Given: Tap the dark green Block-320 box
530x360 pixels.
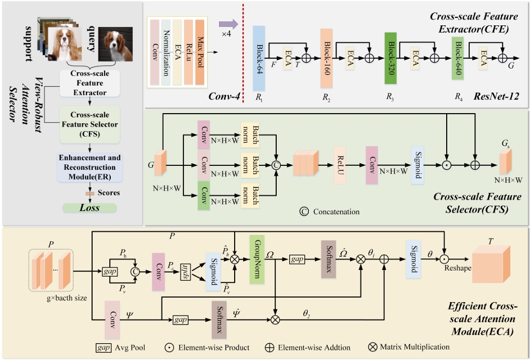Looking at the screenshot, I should (390, 58).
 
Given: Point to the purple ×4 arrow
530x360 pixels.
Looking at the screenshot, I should (227, 24).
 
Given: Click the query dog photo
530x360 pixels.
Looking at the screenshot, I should (115, 44).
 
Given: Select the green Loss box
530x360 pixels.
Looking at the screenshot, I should (89, 208).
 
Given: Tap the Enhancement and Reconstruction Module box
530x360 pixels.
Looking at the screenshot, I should (89, 167).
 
